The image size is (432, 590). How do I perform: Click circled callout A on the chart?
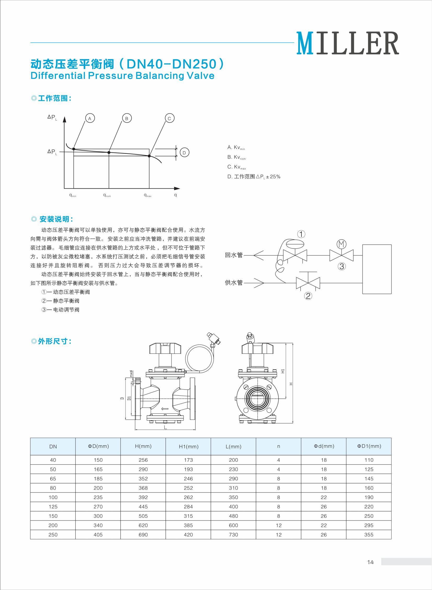[90, 118]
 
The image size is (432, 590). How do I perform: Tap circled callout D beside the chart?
[184, 153]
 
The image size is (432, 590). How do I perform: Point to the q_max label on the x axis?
[147, 195]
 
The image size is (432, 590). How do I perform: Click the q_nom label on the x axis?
[107, 195]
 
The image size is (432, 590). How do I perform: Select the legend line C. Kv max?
[237, 167]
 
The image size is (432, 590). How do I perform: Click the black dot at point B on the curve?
[109, 152]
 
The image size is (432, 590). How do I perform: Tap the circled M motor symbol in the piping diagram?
[341, 244]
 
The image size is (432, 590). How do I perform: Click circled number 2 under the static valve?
[308, 296]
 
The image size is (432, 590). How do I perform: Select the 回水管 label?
[234, 255]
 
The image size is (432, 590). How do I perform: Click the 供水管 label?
[234, 282]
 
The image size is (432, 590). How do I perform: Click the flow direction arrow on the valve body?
[165, 409]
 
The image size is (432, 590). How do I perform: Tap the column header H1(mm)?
[188, 447]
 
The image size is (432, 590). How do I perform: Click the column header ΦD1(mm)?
[369, 446]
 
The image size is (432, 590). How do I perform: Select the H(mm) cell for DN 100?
[143, 497]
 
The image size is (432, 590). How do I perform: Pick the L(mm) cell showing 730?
[233, 535]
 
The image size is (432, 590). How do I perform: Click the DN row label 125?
[53, 507]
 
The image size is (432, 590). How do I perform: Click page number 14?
[370, 562]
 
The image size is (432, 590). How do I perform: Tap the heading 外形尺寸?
[54, 341]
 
